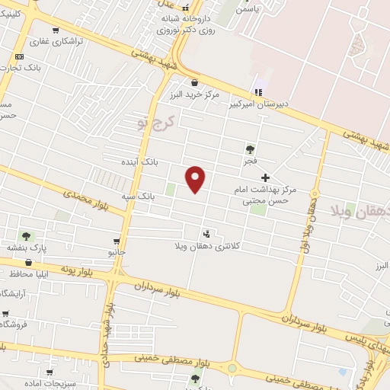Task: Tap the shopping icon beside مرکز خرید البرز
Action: (195, 82)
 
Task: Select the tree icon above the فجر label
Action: (250, 149)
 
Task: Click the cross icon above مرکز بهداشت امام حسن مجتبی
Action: (265, 177)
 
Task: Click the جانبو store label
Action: (117, 251)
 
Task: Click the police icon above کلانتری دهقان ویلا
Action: (206, 233)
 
